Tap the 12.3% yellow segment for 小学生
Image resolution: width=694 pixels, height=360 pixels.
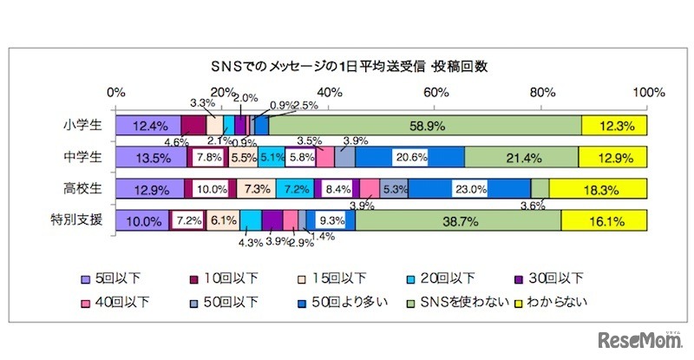pos(613,126)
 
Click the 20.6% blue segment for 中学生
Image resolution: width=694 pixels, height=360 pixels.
pos(409,157)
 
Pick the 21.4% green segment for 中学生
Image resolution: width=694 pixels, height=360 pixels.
pos(520,157)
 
